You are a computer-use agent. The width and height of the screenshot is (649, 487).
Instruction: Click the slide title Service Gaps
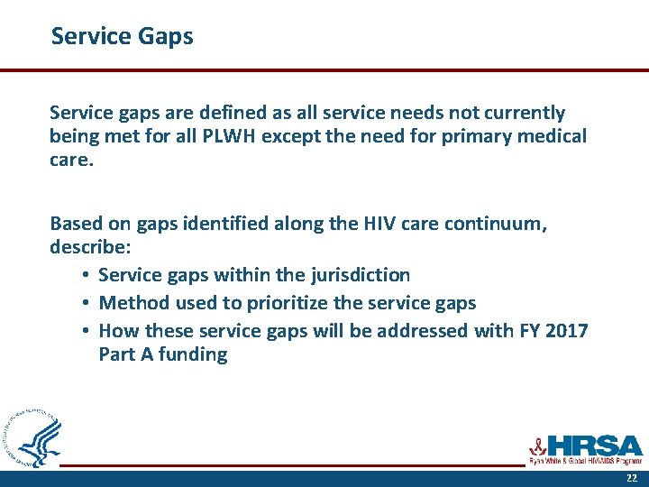pyautogui.click(x=122, y=36)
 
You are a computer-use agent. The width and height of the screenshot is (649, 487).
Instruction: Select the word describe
pyautogui.click(x=87, y=246)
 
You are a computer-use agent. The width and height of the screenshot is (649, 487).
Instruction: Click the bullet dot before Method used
pyautogui.click(x=83, y=303)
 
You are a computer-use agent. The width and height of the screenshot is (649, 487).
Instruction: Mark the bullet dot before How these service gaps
pyautogui.click(x=83, y=331)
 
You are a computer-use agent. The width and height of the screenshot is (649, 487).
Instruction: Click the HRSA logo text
pyautogui.click(x=595, y=446)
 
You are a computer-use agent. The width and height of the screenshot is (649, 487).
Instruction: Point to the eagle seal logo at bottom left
pyautogui.click(x=34, y=438)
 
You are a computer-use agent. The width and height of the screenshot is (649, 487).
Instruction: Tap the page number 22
pyautogui.click(x=632, y=477)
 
